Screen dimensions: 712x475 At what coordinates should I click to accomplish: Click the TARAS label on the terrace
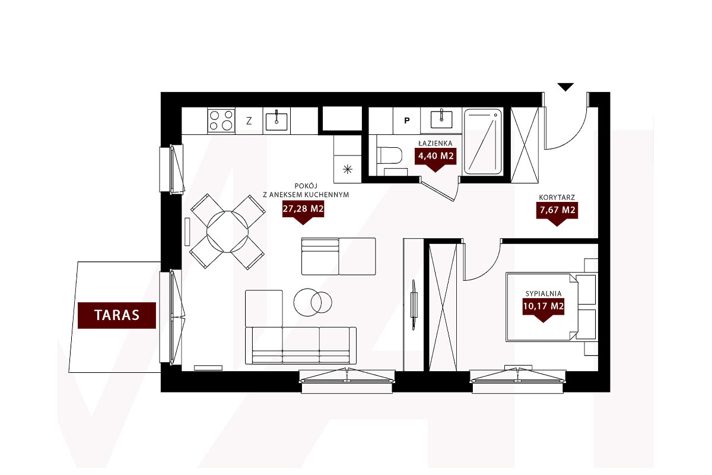(117, 315)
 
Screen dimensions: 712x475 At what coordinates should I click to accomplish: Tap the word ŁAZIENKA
(435, 144)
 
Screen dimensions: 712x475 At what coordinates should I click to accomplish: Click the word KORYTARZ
(557, 197)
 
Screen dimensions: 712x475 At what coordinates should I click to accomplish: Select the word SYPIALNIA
(543, 293)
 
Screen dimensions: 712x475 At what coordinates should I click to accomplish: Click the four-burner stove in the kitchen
(221, 121)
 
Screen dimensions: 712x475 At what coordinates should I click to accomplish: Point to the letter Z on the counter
(249, 121)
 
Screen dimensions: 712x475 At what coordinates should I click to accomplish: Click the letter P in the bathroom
(407, 121)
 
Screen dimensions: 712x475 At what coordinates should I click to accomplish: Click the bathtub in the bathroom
(483, 142)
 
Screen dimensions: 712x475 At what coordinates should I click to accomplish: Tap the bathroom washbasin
(441, 119)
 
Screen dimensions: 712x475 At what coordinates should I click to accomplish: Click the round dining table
(227, 232)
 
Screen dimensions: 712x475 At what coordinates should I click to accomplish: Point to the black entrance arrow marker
(565, 87)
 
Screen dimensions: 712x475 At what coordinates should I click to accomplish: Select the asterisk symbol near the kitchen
(348, 169)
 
